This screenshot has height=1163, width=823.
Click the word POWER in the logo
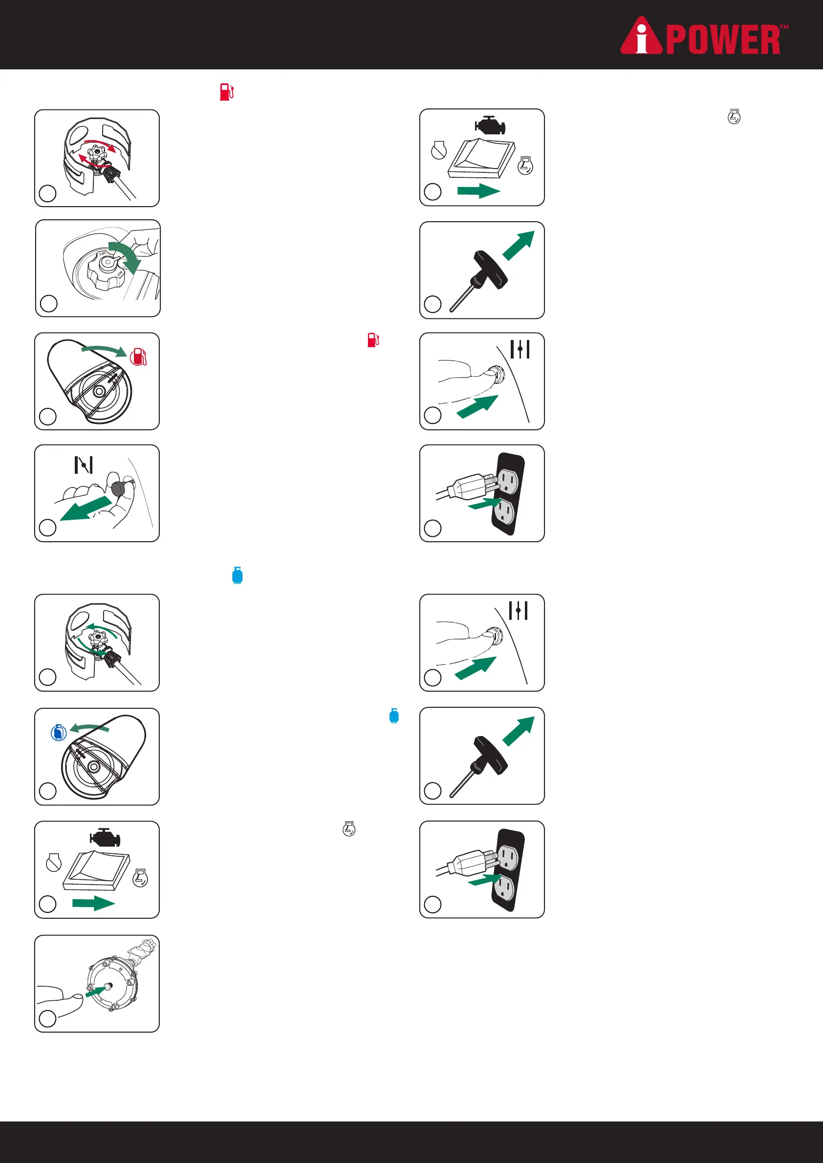[x=723, y=40]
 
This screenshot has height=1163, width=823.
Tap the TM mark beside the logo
[x=783, y=27]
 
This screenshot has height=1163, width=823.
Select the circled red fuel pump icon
[x=138, y=357]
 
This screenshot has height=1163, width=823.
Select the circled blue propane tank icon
[x=59, y=733]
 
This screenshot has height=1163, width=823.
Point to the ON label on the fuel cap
[x=120, y=274]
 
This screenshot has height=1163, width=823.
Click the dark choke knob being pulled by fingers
[x=120, y=490]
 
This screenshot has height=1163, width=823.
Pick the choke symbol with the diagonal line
[x=84, y=465]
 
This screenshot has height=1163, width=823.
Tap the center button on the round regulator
[x=108, y=986]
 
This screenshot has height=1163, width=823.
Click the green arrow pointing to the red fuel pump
[x=104, y=350]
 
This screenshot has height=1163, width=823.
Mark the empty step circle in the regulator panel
[x=47, y=1018]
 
